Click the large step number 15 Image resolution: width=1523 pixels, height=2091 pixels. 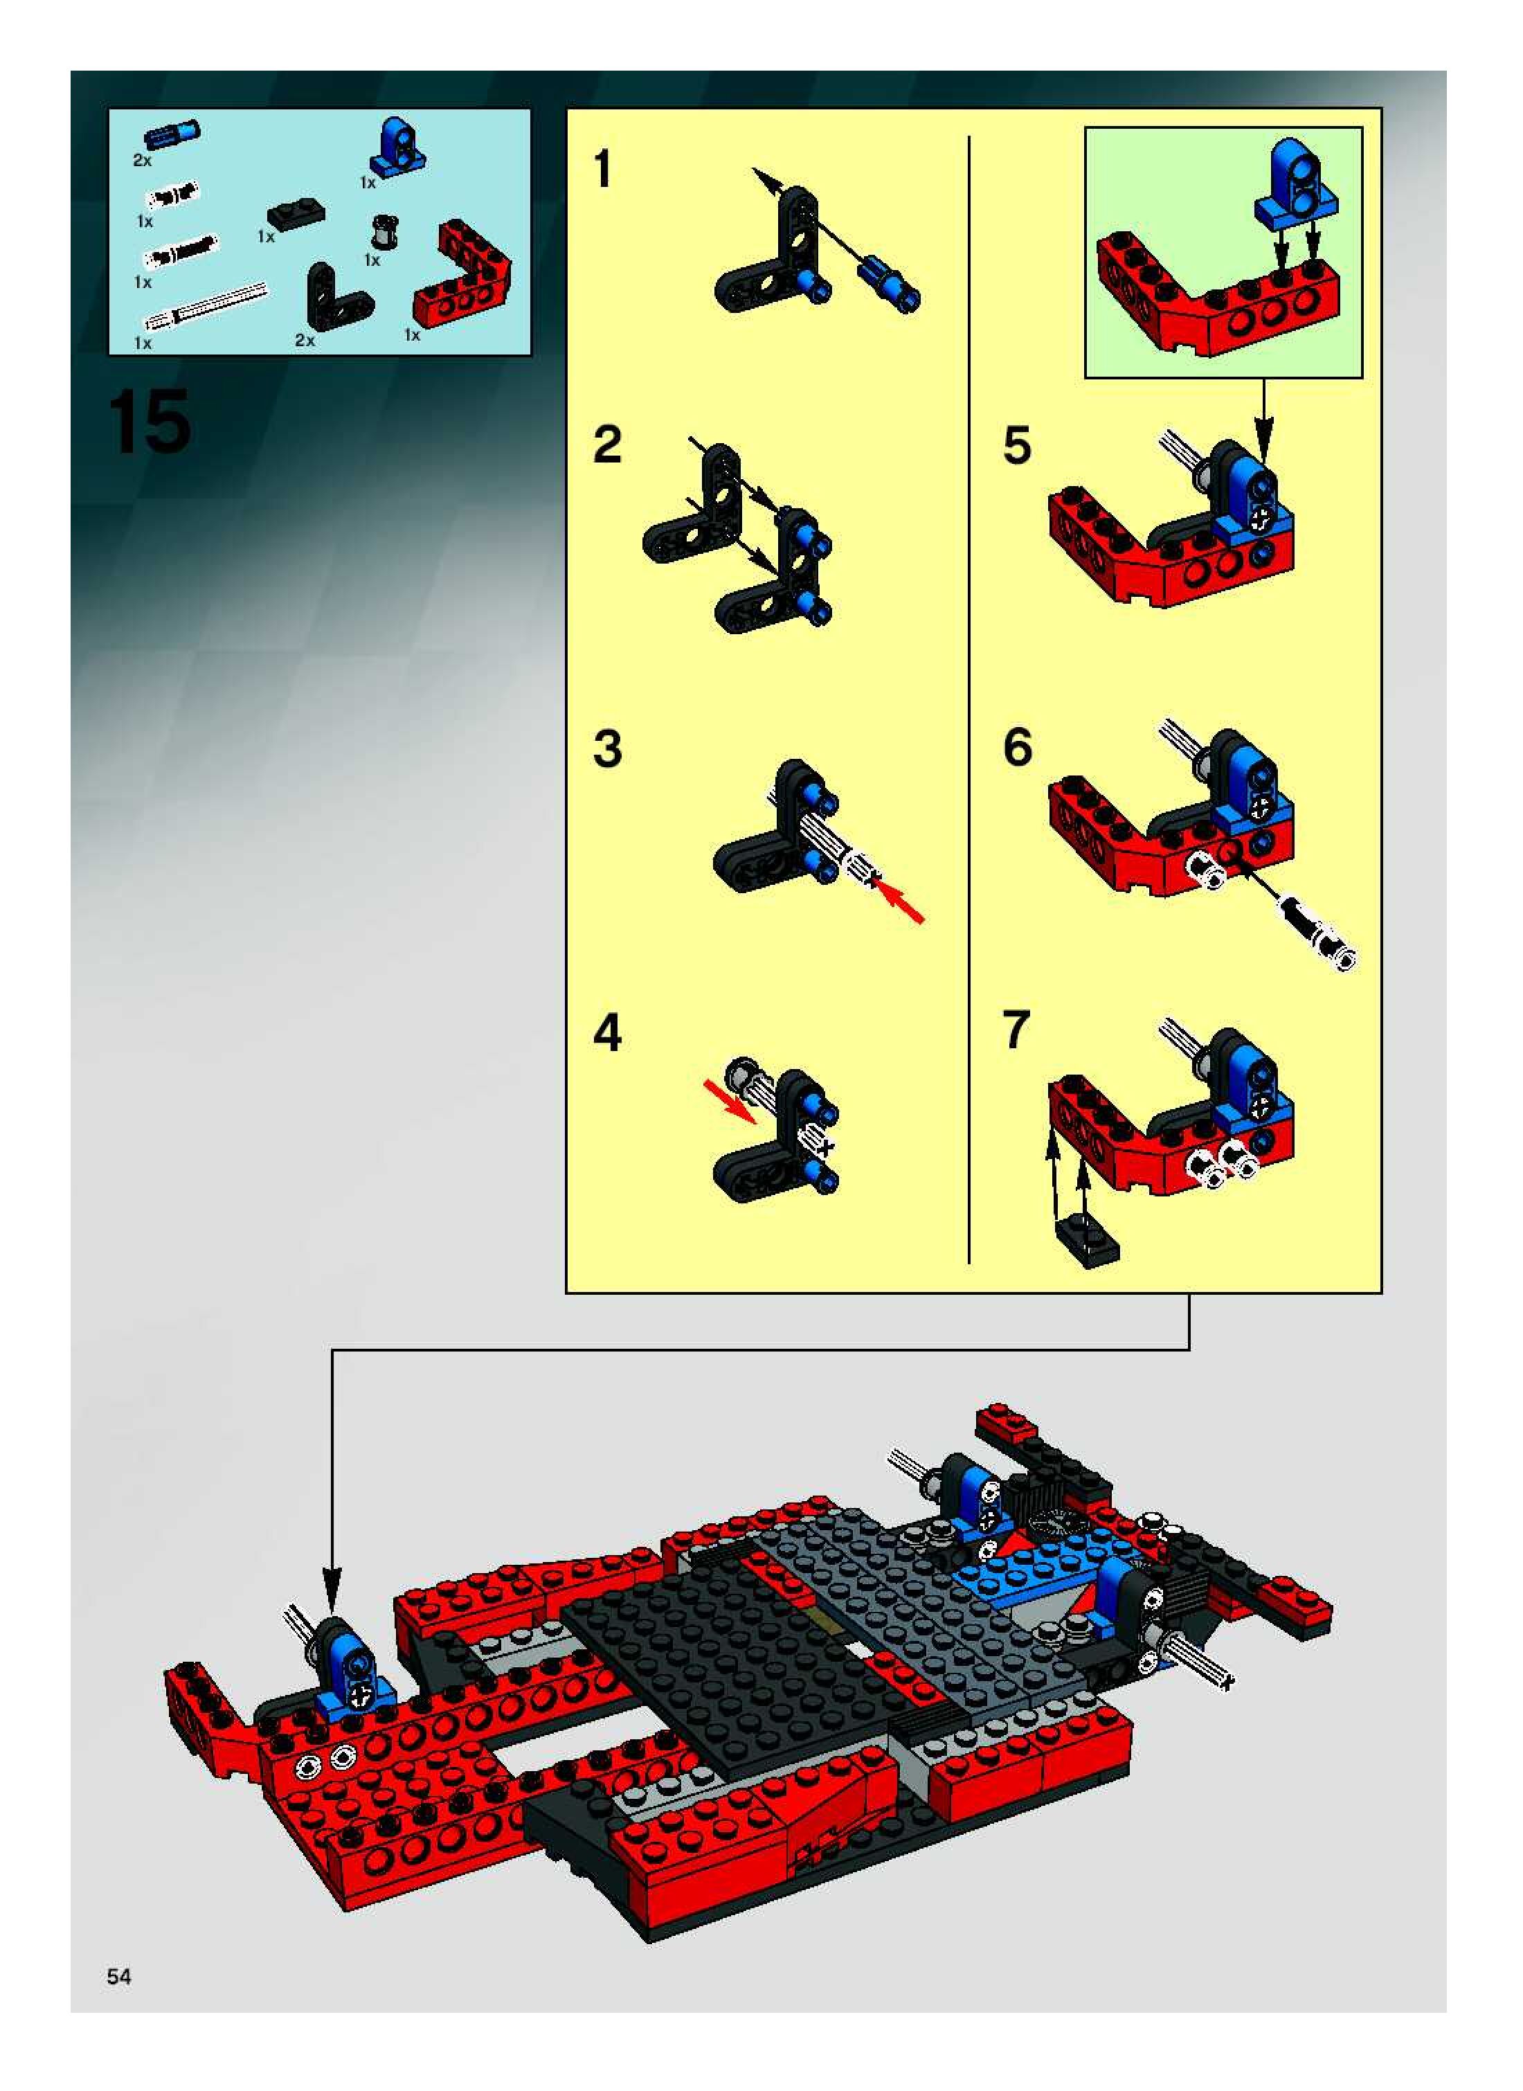(150, 422)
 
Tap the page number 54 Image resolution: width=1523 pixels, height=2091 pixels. (119, 1976)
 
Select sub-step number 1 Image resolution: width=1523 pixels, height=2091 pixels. (603, 170)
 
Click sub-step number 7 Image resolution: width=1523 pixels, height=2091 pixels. (1016, 1030)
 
